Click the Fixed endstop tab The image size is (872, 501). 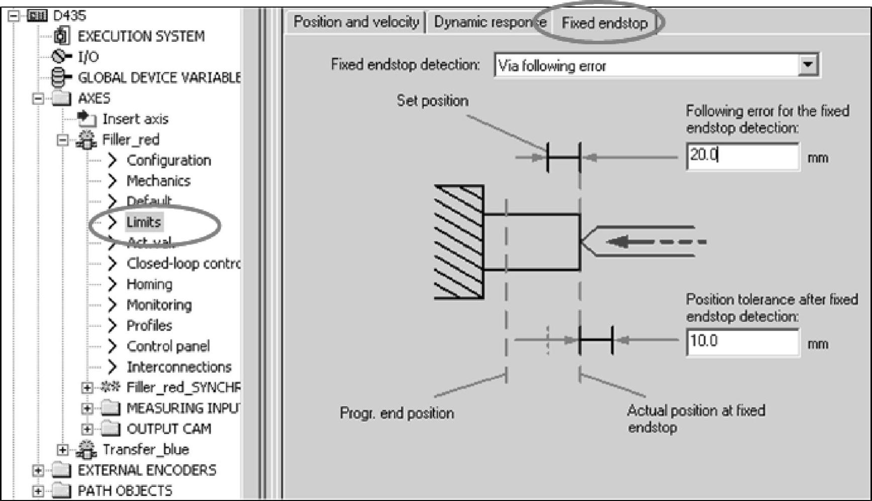click(x=604, y=23)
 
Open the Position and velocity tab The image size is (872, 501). click(x=356, y=22)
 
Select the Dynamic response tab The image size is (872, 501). click(x=490, y=22)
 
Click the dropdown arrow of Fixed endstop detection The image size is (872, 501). click(x=808, y=65)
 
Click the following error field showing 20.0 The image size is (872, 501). click(x=742, y=156)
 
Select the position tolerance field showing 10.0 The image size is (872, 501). click(x=742, y=342)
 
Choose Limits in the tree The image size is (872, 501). click(x=143, y=222)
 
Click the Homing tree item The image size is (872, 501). click(x=149, y=284)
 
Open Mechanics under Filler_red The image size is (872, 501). click(x=158, y=181)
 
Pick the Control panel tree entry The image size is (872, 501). click(x=168, y=346)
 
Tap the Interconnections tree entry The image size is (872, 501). click(x=179, y=367)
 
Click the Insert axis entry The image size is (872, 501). click(x=135, y=119)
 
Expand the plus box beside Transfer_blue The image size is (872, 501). click(x=62, y=449)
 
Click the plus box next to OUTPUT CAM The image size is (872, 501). click(x=87, y=429)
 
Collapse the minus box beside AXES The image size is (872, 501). click(x=38, y=98)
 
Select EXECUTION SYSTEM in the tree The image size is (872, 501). click(x=141, y=36)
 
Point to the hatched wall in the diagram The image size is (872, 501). click(x=459, y=242)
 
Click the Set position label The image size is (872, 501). click(x=432, y=101)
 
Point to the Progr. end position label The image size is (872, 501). click(x=397, y=413)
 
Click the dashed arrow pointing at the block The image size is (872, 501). click(x=656, y=242)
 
